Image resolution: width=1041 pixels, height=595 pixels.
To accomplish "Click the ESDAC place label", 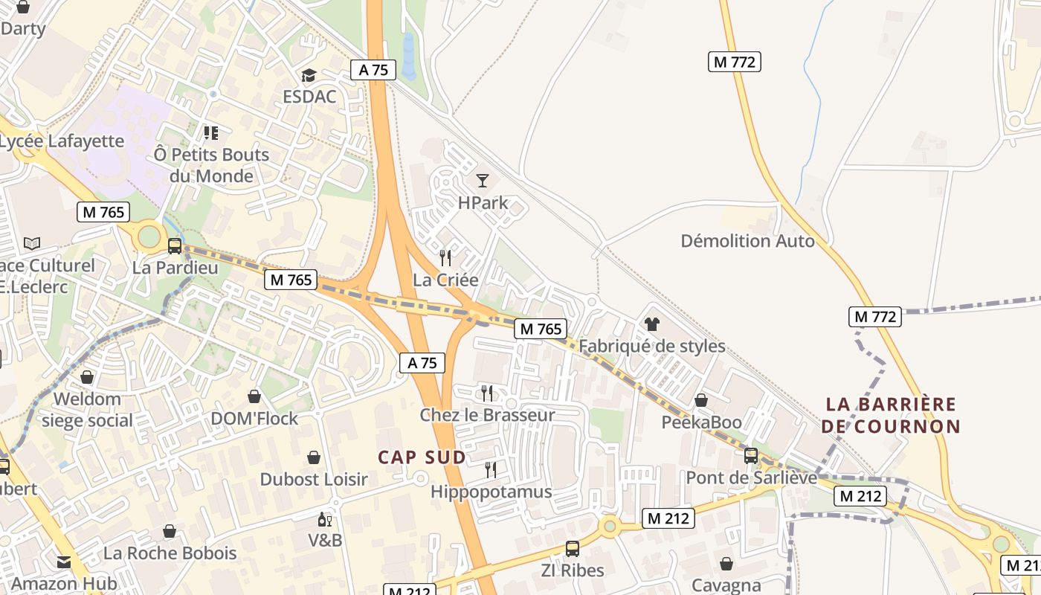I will coord(309,97).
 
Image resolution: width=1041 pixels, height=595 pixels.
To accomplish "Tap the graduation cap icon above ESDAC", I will coord(309,75).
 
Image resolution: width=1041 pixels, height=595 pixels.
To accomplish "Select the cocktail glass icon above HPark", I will coord(483,180).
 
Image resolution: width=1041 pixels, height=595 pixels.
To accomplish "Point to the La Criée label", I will coord(445,280).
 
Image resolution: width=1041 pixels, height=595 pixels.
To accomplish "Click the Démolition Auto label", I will coord(747,241).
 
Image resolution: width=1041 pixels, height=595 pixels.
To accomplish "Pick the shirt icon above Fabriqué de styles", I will coord(652,324).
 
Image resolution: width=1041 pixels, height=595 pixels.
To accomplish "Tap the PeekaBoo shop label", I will coord(702,422).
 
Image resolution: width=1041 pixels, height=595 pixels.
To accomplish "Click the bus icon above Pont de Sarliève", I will coord(751,455).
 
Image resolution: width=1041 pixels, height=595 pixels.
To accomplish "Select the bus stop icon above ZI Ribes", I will coord(572,549).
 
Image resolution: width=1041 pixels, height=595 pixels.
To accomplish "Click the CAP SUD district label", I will coord(422,457).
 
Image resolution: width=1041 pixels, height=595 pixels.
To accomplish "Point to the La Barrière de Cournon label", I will coord(892,415).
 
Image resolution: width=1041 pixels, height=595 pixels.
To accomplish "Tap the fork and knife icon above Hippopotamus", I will coord(490,469).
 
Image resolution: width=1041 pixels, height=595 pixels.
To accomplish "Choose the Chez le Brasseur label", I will coord(487,415).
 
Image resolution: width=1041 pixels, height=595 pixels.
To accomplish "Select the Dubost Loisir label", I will coord(314,479).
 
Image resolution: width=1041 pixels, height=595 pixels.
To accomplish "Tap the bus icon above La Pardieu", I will coord(175,245).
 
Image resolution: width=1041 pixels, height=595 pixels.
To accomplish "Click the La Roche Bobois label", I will coord(170,553).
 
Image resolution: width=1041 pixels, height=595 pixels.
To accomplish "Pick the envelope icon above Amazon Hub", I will coord(64,562).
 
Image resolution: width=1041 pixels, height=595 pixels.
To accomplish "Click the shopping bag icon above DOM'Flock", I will coord(254,396).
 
